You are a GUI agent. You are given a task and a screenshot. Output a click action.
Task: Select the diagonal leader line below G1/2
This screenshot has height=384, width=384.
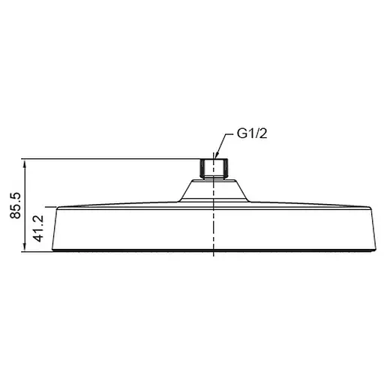(226, 147)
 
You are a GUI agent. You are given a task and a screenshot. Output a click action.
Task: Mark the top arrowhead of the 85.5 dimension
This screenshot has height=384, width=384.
(25, 161)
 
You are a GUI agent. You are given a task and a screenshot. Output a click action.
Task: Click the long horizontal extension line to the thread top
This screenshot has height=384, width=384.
(112, 158)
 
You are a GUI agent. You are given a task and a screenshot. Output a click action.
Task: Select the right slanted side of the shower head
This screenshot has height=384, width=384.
(375, 229)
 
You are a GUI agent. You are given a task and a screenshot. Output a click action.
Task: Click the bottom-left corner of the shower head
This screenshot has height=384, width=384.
(58, 251)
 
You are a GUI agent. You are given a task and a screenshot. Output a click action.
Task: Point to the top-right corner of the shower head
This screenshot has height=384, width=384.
(381, 207)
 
